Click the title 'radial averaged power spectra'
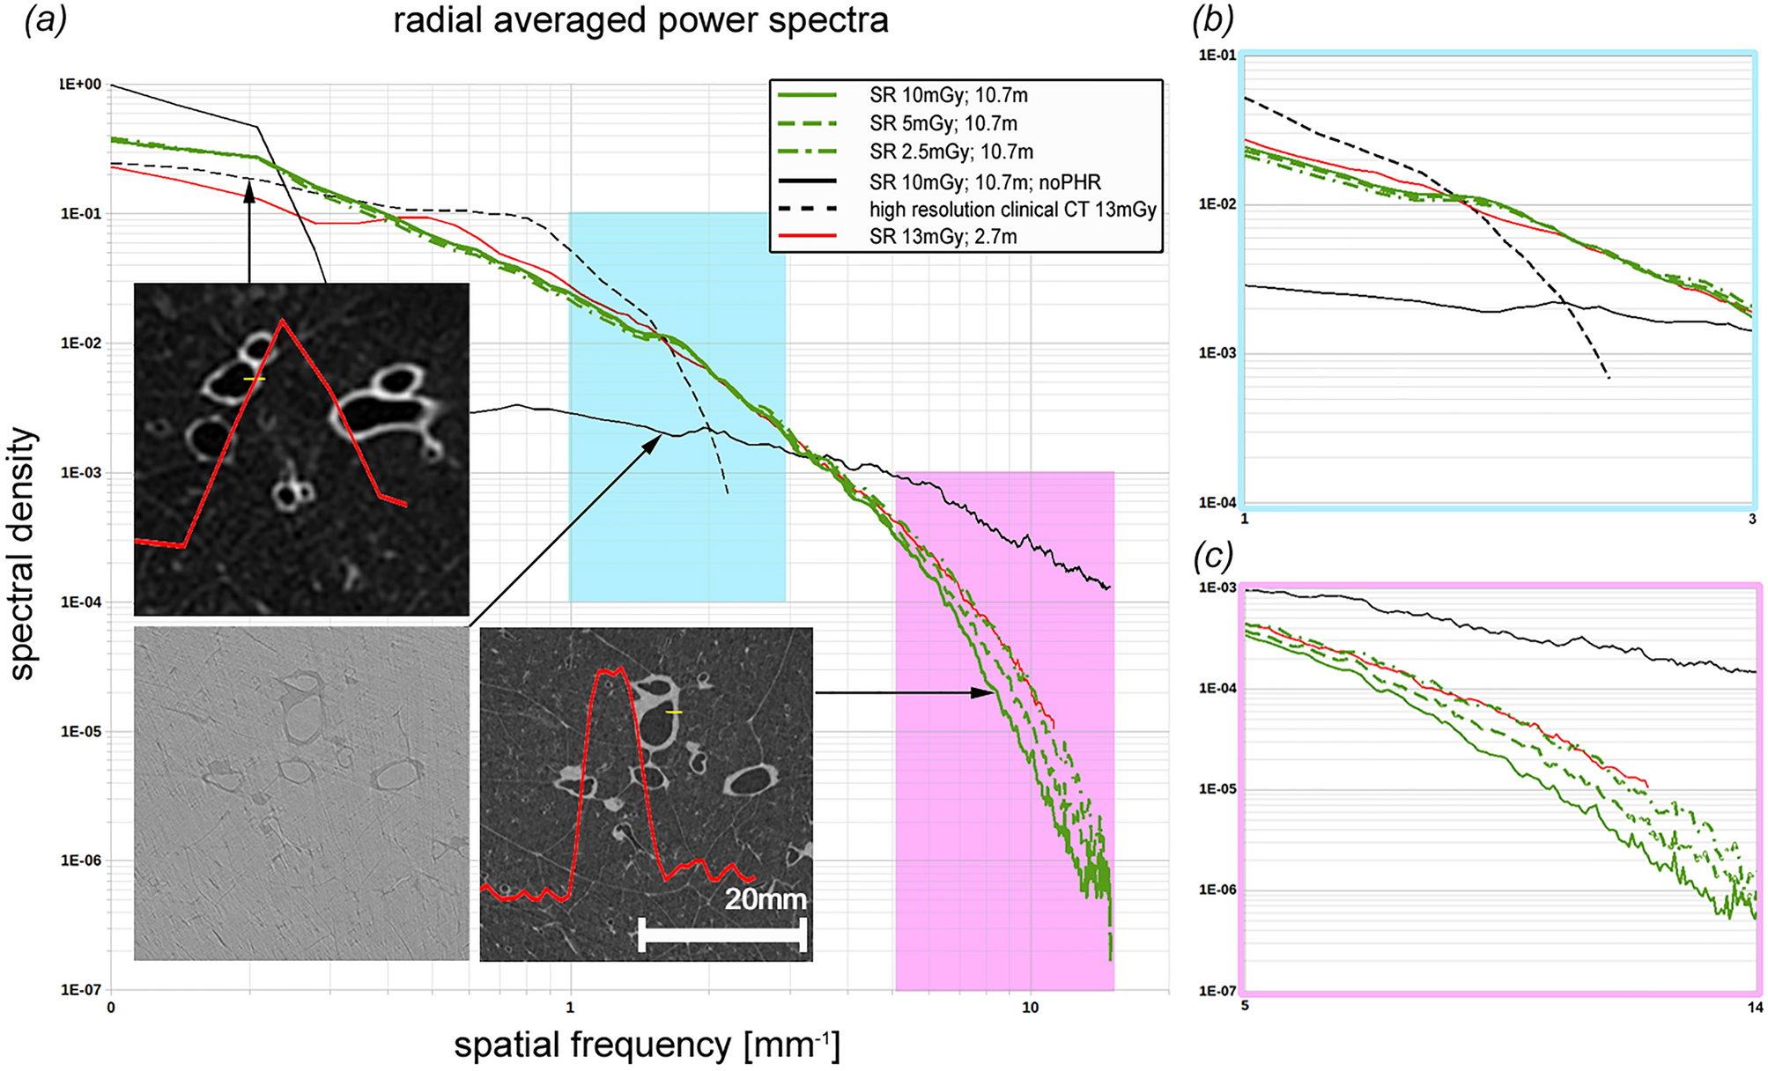point(640,20)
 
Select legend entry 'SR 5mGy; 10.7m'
point(943,123)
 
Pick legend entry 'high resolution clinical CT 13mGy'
point(1012,210)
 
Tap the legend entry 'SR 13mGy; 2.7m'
point(943,237)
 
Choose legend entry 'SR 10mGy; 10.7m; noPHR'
point(985,182)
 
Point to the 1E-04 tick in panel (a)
point(81,602)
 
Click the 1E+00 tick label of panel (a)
point(80,85)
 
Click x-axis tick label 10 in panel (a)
point(1030,1008)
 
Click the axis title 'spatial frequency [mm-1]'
point(647,1045)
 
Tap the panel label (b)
point(1212,19)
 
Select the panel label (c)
point(1212,556)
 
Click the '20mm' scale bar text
point(766,899)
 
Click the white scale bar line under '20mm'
point(722,934)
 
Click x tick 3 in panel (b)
point(1752,520)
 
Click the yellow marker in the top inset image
point(254,379)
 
